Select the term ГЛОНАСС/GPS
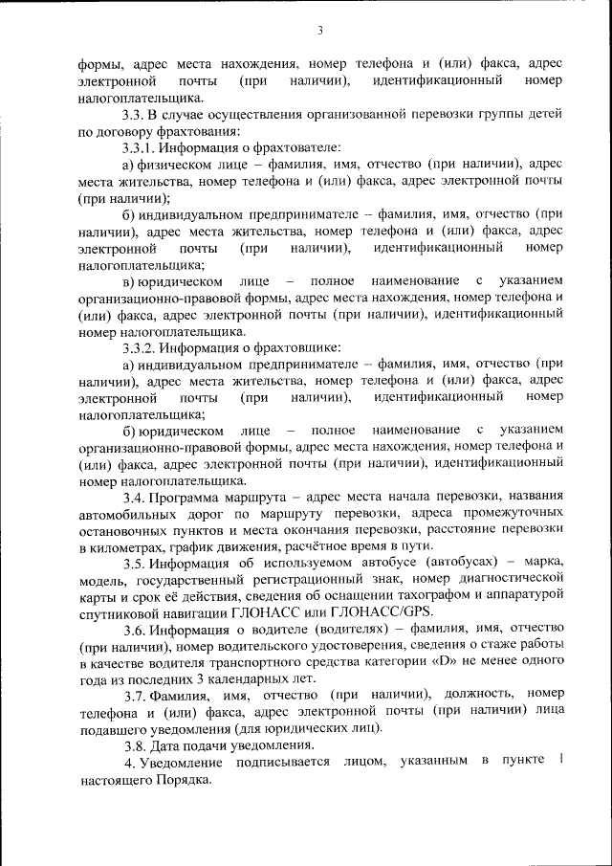coord(387,612)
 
